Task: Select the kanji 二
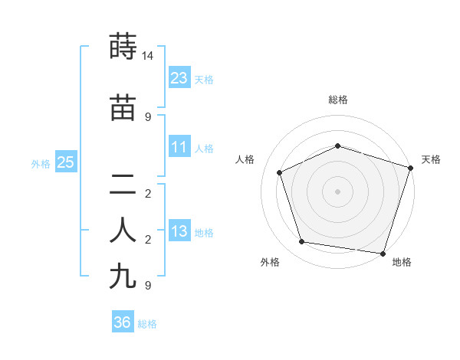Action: pos(123,184)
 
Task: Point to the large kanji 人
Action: pos(123,231)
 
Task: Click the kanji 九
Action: pos(123,276)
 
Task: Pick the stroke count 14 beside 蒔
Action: pos(148,56)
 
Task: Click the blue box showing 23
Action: pos(179,77)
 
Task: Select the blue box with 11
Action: pos(179,147)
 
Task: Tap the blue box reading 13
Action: pos(179,232)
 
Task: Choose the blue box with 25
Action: pos(65,162)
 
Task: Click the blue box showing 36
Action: pos(122,322)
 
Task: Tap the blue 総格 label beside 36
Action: pos(147,324)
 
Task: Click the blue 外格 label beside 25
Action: pos(41,163)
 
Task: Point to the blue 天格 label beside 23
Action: pos(204,79)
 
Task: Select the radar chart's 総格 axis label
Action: pos(338,100)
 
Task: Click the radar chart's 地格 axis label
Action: pos(402,262)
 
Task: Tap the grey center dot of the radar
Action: pos(338,191)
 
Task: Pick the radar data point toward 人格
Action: pos(280,172)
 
